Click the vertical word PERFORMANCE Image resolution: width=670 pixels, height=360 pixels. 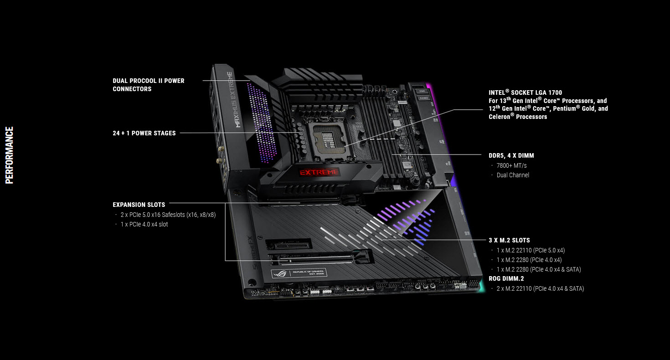9,155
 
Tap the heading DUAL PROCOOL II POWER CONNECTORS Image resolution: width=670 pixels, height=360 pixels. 149,85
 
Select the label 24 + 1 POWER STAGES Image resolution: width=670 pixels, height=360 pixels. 144,133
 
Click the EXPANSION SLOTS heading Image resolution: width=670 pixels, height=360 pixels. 139,205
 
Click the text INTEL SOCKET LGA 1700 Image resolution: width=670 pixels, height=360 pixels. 525,93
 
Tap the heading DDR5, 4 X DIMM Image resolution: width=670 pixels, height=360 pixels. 511,155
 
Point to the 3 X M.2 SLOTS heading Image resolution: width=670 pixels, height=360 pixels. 509,240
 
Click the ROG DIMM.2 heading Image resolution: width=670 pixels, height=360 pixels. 506,278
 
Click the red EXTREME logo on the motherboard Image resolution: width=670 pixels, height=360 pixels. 319,172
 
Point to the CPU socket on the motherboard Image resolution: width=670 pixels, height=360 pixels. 329,139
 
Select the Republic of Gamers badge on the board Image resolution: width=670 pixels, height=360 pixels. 299,273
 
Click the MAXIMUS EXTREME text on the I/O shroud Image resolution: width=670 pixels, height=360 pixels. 233,99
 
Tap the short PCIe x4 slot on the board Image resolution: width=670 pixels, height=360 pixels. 289,245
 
